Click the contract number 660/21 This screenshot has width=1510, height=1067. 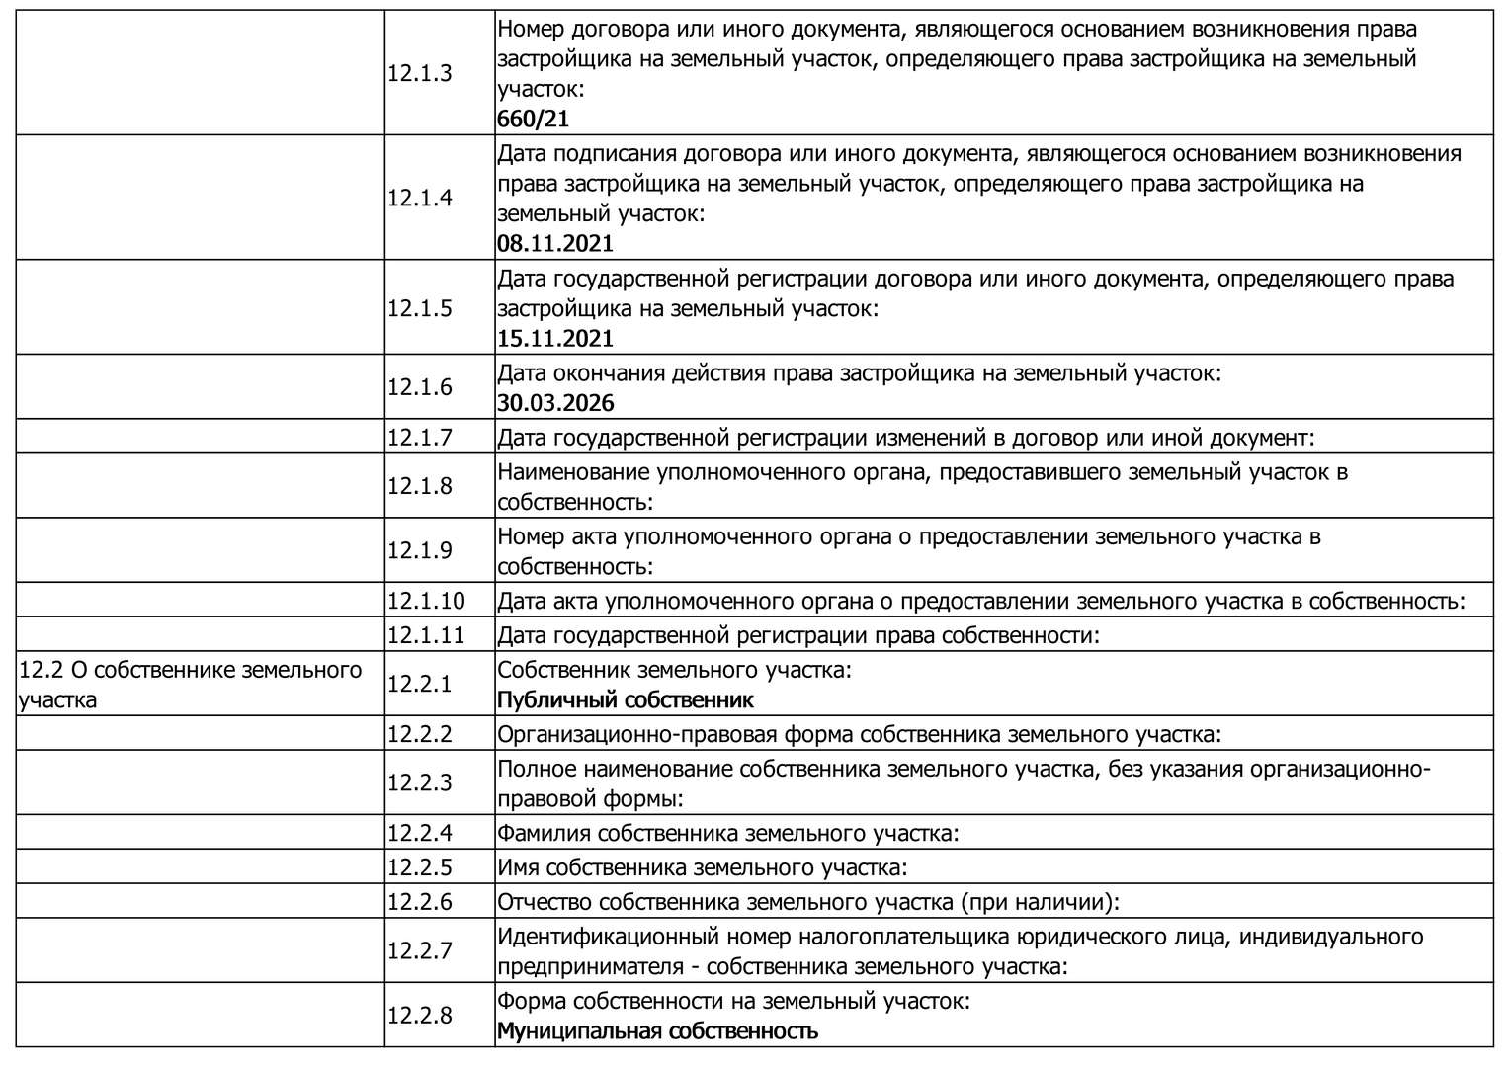pos(534,120)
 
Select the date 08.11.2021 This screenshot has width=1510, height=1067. pos(555,244)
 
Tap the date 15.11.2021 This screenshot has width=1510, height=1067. pos(555,339)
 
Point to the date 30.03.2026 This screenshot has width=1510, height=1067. pos(555,403)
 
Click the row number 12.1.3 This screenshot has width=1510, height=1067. pos(419,73)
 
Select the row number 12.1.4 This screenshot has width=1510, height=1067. pos(419,198)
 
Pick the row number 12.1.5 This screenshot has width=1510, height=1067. pos(419,308)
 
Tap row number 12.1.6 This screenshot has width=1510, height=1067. pos(419,387)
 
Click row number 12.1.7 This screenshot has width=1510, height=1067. pos(419,437)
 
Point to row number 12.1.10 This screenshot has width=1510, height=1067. pos(426,601)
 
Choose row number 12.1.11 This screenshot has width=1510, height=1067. pos(426,634)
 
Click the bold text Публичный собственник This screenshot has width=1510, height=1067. pos(625,700)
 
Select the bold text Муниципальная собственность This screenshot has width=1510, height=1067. pos(657,1031)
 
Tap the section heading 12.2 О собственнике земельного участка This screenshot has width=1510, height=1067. pos(191,684)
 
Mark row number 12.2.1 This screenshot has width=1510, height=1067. pos(419,684)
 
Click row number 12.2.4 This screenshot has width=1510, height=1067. pos(419,833)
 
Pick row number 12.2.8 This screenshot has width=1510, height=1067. pos(419,1015)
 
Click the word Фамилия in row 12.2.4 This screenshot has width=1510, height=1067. pos(544,833)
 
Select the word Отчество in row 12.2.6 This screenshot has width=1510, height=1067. pos(545,901)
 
